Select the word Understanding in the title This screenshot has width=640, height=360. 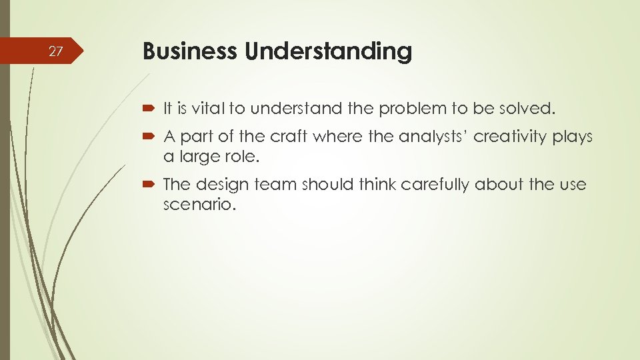point(328,52)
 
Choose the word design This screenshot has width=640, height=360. point(229,185)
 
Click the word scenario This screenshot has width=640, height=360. point(199,205)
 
